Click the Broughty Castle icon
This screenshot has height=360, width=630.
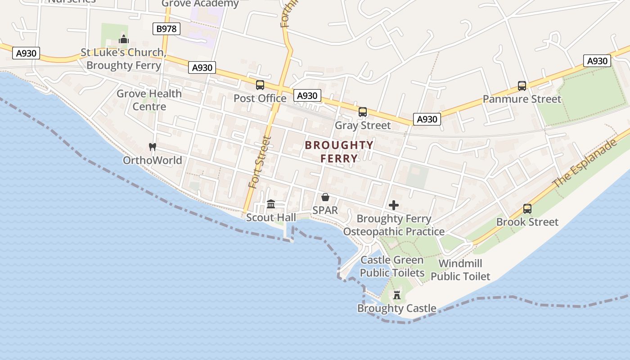[397, 295]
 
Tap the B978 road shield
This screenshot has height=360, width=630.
[166, 29]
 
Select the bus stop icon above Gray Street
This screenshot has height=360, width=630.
[363, 112]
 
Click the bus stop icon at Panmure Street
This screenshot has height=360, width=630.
[522, 85]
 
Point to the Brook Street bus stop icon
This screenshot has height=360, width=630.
[527, 209]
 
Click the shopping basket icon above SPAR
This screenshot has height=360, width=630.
[325, 197]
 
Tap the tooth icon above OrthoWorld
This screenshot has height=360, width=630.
[152, 147]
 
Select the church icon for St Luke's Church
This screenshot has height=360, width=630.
[124, 39]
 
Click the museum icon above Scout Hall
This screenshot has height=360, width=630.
[271, 204]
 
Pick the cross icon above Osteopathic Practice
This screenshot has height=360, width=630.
[394, 205]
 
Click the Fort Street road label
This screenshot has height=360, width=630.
[261, 162]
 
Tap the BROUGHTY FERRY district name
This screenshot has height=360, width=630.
[339, 152]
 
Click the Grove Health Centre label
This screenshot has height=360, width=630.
[149, 100]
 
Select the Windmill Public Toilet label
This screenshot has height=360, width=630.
[460, 270]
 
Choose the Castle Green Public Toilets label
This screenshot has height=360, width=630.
[392, 266]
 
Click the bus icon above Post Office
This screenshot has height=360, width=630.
[260, 85]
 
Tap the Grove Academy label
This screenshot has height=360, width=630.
[200, 4]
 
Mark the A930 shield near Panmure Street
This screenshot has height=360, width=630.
[597, 61]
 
